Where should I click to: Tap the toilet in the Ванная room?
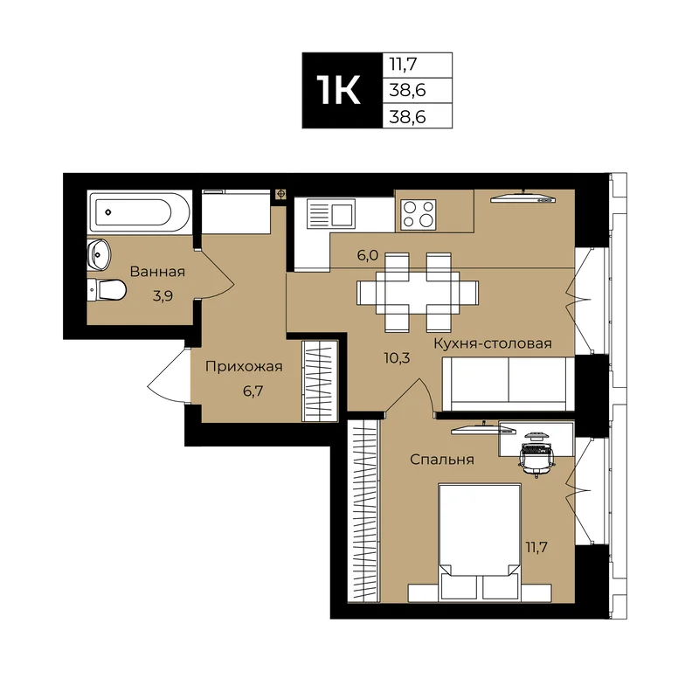(x=107, y=290)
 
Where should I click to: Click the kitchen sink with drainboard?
(x=331, y=214)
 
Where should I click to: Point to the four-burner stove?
(x=419, y=215)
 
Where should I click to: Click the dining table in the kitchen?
(x=418, y=293)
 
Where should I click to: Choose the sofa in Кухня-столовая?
(x=508, y=384)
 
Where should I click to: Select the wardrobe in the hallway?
(x=320, y=381)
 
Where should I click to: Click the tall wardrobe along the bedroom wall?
(x=363, y=511)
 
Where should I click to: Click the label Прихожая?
(x=244, y=366)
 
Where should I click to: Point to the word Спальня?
(x=442, y=460)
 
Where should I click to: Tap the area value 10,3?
(x=397, y=357)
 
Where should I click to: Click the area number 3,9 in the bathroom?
(x=163, y=295)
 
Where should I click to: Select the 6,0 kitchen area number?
(x=367, y=255)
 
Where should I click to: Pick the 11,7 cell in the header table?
(x=418, y=65)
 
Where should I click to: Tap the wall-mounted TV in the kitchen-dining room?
(x=523, y=198)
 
